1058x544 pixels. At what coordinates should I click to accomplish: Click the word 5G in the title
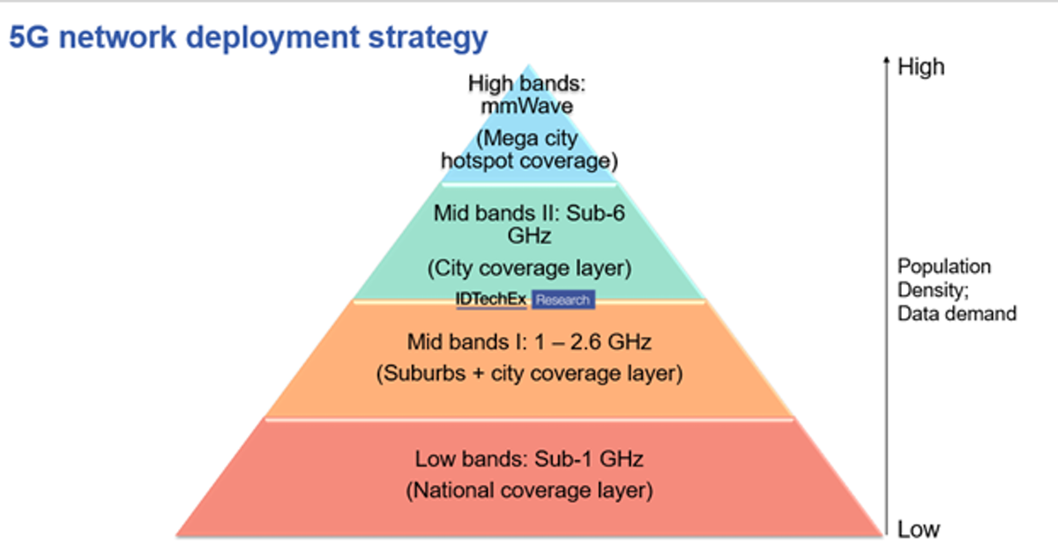(x=29, y=37)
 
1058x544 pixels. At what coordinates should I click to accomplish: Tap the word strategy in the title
(x=428, y=39)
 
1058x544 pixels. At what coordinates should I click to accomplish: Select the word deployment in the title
(x=272, y=39)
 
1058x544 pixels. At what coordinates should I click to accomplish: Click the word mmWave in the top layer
(x=526, y=106)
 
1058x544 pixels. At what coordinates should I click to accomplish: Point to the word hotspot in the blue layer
(x=476, y=161)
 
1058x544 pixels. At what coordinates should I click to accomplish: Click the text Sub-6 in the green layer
(x=595, y=213)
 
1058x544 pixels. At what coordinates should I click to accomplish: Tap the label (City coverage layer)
(x=529, y=268)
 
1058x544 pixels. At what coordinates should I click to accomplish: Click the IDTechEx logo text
(x=491, y=299)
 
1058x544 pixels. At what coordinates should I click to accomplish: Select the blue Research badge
(x=563, y=300)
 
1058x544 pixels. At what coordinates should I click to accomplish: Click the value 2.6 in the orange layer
(x=585, y=342)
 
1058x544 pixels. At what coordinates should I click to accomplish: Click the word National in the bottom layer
(x=452, y=490)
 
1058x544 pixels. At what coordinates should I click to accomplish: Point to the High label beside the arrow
(x=921, y=67)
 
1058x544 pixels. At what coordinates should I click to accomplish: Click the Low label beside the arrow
(x=918, y=529)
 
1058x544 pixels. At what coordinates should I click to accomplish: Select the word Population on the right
(x=943, y=267)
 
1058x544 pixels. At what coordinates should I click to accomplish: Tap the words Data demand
(x=957, y=314)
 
